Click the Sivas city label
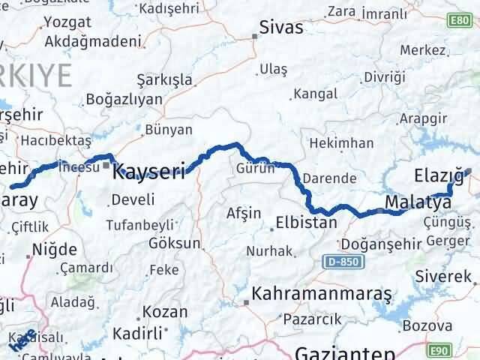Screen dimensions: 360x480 (281, 28)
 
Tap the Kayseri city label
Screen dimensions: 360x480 (148, 173)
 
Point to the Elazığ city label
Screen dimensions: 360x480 (438, 175)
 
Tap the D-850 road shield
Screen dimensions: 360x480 (340, 262)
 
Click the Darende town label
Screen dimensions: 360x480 (331, 178)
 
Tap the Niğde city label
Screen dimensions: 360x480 (55, 249)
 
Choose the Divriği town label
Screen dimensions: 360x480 (383, 77)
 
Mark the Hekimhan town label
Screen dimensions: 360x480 (341, 142)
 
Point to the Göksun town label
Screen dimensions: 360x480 (175, 243)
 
